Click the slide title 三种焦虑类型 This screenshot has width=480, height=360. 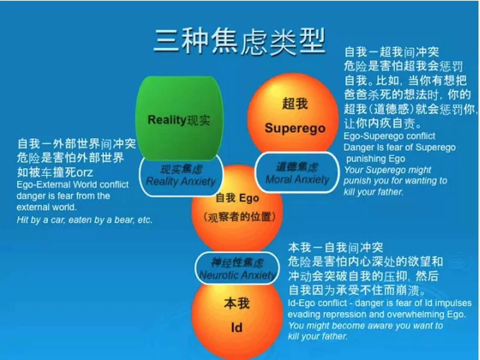[239, 41]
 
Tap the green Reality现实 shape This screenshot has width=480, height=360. [179, 119]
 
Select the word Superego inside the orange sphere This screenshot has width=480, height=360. [295, 128]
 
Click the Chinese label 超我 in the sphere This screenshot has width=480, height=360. [295, 104]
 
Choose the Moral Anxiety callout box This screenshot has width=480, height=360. [297, 173]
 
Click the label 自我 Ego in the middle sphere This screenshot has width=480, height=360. [237, 198]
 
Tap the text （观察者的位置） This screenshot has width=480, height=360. [239, 217]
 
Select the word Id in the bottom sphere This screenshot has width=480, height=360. [236, 328]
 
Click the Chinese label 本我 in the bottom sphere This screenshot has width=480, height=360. [237, 303]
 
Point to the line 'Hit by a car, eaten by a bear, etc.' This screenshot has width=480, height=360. [84, 220]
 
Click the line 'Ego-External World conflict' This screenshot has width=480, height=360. [73, 185]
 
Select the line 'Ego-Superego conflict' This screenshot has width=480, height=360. [390, 136]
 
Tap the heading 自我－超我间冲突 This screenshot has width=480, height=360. [391, 52]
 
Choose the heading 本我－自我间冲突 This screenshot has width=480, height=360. [335, 247]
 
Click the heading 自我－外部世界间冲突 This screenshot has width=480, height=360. [76, 144]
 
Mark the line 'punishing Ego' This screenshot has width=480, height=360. [375, 159]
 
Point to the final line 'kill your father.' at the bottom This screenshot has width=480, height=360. [318, 336]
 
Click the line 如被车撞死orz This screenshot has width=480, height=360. [55, 173]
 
